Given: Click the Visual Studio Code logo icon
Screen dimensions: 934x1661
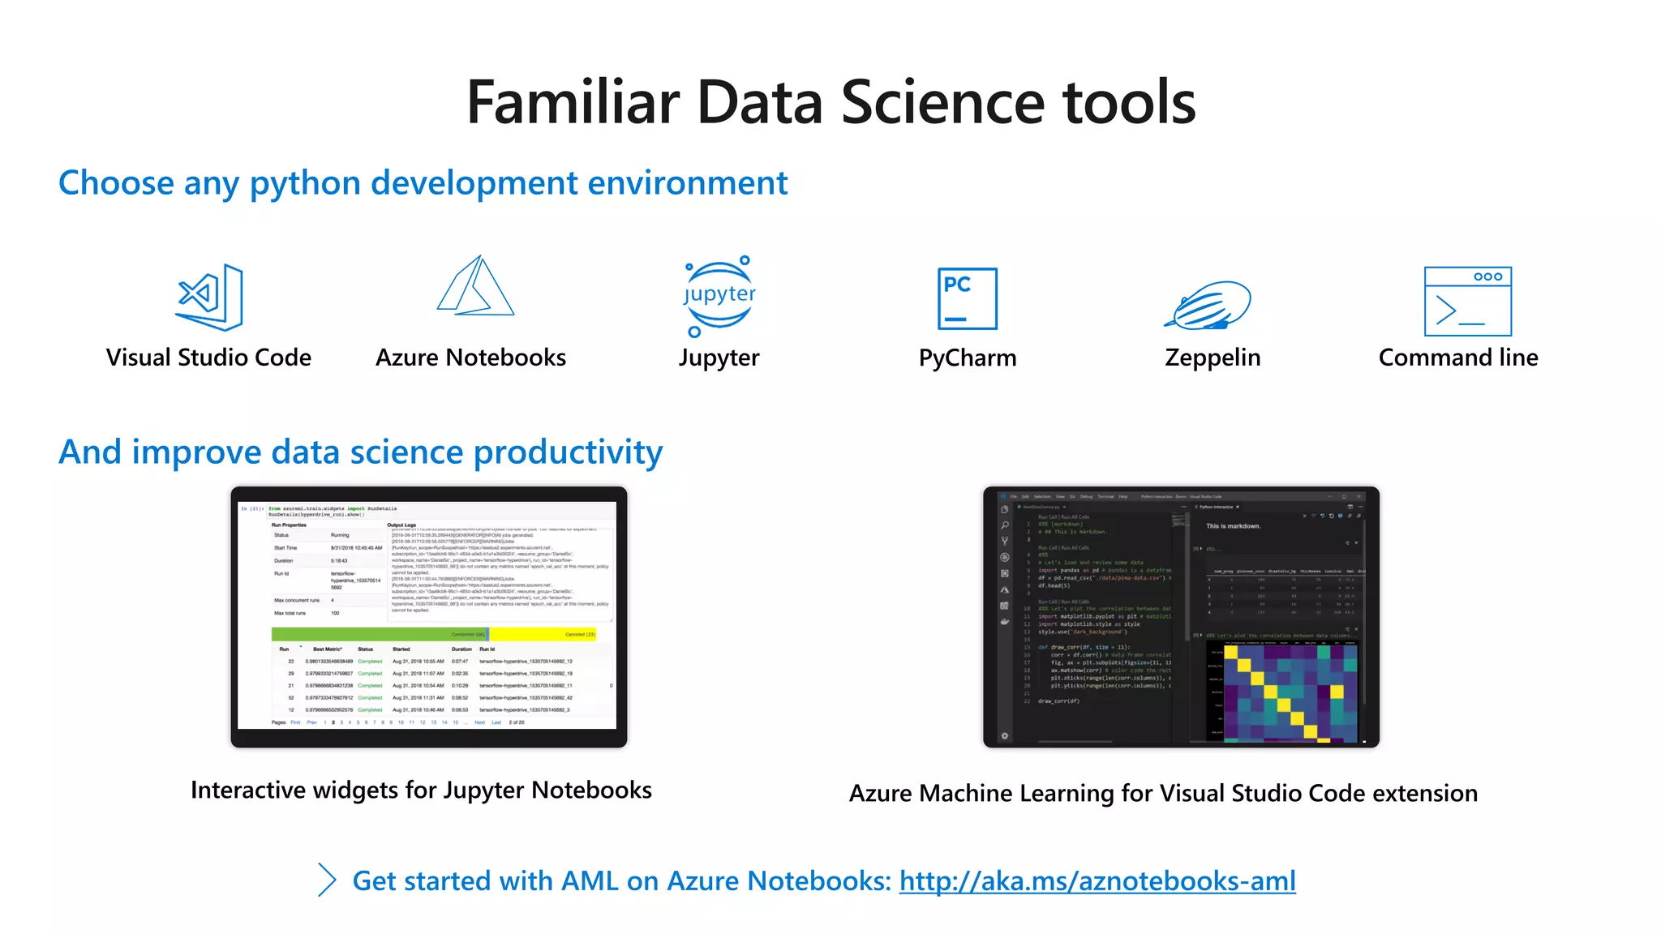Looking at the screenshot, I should (211, 297).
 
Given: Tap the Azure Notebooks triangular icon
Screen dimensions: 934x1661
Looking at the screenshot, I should (475, 288).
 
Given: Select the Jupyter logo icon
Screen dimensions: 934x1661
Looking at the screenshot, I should (719, 296).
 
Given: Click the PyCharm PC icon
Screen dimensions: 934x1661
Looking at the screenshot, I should (967, 298).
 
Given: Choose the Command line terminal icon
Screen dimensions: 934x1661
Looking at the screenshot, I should (1467, 301).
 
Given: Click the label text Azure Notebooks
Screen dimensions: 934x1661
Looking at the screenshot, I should (470, 358).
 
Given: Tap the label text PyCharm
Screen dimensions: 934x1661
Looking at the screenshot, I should (967, 358).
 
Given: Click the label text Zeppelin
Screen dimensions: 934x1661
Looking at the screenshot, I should (1212, 358).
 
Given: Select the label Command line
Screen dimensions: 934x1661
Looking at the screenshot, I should (1457, 358).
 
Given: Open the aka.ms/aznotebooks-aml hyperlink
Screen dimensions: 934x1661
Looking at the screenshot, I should (1097, 880).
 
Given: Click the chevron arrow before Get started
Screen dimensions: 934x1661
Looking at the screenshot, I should (327, 880).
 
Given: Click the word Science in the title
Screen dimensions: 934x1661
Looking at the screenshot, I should (942, 103).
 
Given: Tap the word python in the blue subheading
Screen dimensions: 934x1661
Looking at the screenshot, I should (304, 184).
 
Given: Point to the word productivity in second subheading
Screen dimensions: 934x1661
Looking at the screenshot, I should (567, 452).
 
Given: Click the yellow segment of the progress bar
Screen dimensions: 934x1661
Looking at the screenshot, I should (542, 634).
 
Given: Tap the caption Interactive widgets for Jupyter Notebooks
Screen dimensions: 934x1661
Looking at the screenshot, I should (421, 790).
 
